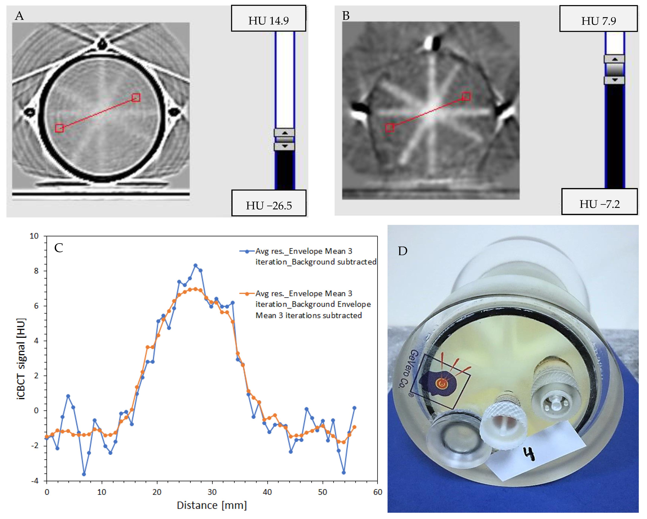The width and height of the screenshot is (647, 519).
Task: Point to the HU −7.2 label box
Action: pyautogui.click(x=599, y=202)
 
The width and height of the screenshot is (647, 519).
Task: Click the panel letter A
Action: pyautogui.click(x=19, y=16)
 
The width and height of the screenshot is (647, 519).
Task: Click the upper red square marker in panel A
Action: pyautogui.click(x=136, y=97)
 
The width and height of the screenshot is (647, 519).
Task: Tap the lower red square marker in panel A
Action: pyautogui.click(x=59, y=128)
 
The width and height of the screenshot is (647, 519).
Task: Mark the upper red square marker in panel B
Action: pyautogui.click(x=466, y=96)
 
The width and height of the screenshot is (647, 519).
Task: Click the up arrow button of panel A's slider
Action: pyautogui.click(x=284, y=132)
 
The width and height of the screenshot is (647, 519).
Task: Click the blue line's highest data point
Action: pyautogui.click(x=195, y=265)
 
